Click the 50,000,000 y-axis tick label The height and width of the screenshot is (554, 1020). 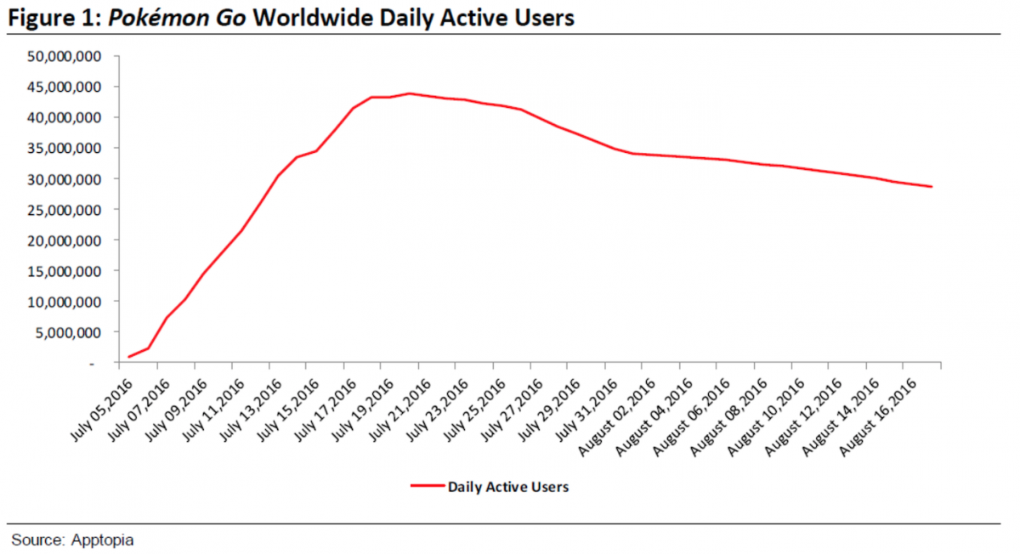(x=66, y=56)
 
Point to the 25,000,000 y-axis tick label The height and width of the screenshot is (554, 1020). (x=66, y=210)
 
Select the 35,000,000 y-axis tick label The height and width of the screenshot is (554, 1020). (x=66, y=149)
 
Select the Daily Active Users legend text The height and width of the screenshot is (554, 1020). (x=508, y=487)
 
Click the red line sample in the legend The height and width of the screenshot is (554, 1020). (x=427, y=487)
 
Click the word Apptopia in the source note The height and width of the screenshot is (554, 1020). (x=104, y=540)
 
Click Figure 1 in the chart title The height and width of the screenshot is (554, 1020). (x=51, y=18)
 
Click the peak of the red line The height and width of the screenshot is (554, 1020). (x=410, y=93)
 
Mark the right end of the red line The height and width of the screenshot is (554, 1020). (x=932, y=187)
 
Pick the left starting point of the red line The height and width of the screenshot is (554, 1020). (x=129, y=357)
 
